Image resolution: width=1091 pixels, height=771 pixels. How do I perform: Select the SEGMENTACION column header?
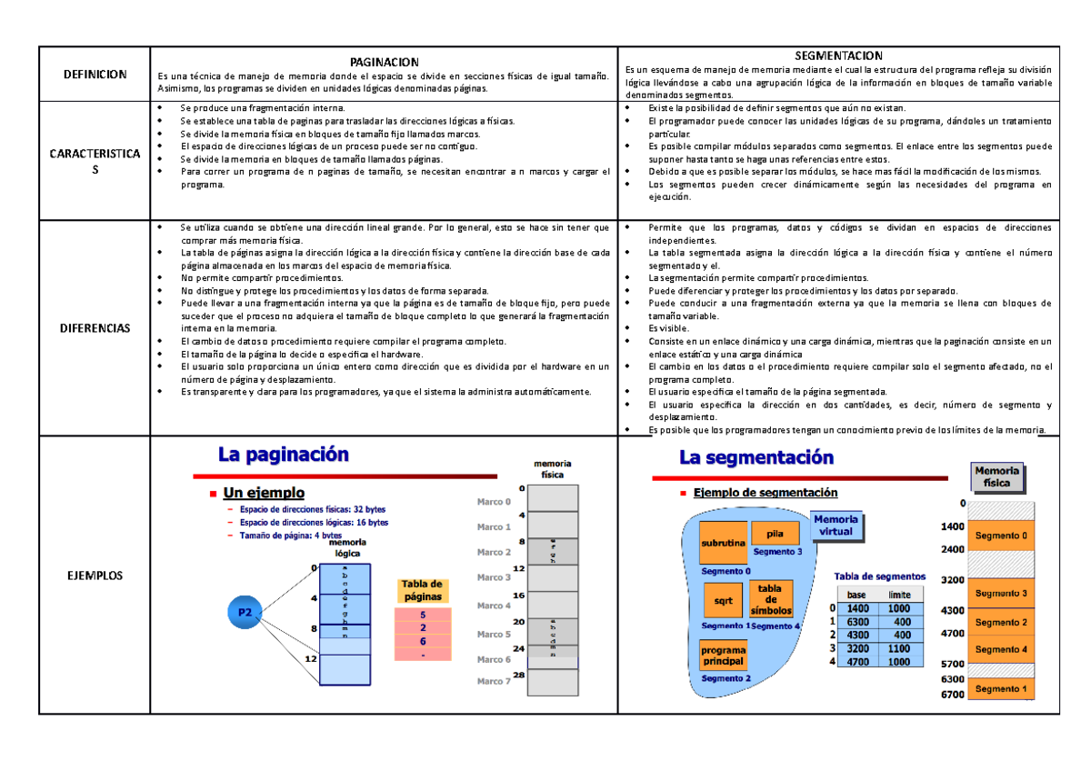(x=837, y=56)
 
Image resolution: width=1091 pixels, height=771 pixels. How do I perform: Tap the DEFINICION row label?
(x=95, y=74)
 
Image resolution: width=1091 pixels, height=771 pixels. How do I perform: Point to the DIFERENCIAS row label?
(x=95, y=327)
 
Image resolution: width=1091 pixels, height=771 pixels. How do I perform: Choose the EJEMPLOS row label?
(x=95, y=576)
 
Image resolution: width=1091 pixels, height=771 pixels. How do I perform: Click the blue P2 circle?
(x=245, y=613)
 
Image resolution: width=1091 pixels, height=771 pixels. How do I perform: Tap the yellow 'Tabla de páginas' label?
(x=422, y=590)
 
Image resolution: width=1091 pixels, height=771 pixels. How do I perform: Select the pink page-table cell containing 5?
(x=423, y=615)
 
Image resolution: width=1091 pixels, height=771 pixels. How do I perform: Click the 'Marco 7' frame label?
(x=494, y=680)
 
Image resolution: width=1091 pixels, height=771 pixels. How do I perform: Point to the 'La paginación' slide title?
(x=283, y=455)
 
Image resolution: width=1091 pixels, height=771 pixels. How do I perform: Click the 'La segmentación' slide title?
(x=756, y=457)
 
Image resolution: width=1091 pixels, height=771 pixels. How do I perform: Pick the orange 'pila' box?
(x=776, y=535)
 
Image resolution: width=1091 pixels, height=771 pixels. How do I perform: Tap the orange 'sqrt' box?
(x=723, y=601)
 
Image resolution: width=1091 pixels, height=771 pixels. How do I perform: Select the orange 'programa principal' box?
(x=723, y=656)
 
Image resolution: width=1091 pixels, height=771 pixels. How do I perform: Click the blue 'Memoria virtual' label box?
(x=835, y=526)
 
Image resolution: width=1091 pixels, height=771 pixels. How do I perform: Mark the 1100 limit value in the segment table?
(x=898, y=648)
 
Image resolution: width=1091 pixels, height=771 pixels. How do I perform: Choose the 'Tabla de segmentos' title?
(x=879, y=576)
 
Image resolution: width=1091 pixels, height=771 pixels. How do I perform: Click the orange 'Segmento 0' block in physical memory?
(x=1001, y=536)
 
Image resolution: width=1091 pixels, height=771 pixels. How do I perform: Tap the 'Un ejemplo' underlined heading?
(x=264, y=493)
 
